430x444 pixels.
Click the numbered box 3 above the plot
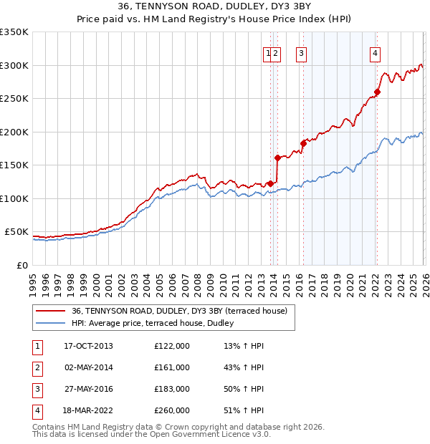301,52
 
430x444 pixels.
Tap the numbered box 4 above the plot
375,52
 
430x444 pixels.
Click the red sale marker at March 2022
377,92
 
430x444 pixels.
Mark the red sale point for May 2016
303,143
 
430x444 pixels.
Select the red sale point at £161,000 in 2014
277,158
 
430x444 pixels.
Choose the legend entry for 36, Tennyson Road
179,311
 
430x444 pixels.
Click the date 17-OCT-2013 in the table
88,346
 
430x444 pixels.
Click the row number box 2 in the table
37,367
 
